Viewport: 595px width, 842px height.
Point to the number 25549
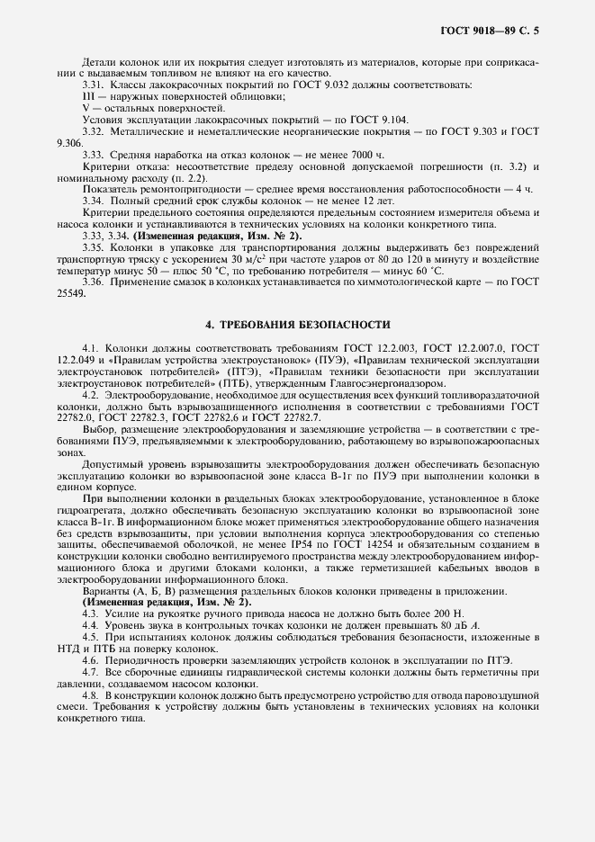[70, 293]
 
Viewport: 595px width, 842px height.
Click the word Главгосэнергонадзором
[345, 381]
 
